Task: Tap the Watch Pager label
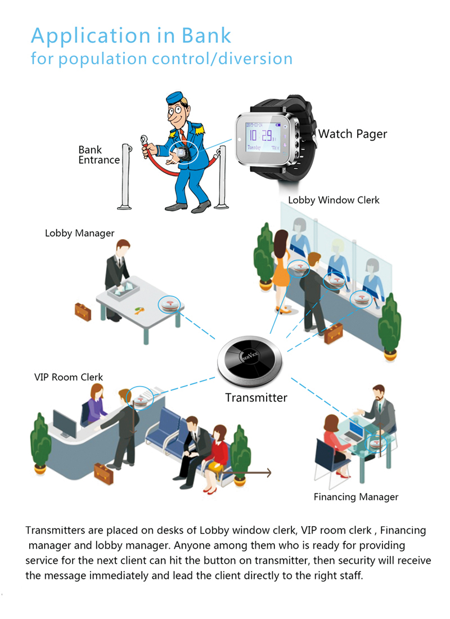(x=352, y=134)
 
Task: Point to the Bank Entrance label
(x=98, y=155)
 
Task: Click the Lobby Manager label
(x=79, y=233)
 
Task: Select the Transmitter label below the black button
(x=256, y=398)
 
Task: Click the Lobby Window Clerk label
(x=334, y=200)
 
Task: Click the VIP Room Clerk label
(x=69, y=377)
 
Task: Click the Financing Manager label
(x=355, y=497)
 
